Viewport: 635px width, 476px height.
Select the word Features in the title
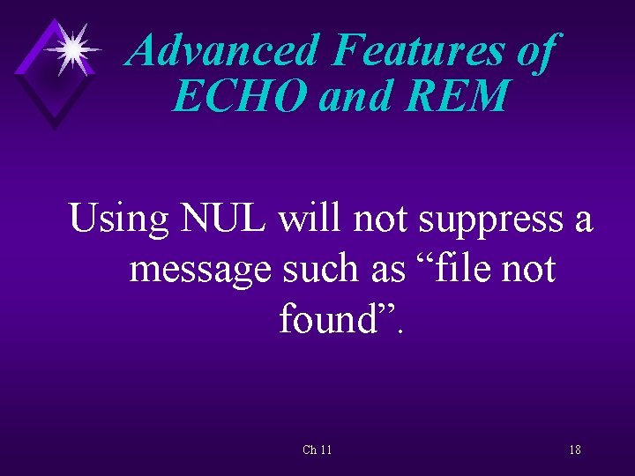click(418, 51)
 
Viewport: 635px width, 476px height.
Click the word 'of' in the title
click(534, 51)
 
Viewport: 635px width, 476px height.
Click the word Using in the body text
click(119, 218)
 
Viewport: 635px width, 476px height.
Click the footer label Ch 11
click(317, 450)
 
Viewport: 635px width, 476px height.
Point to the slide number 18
click(574, 450)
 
